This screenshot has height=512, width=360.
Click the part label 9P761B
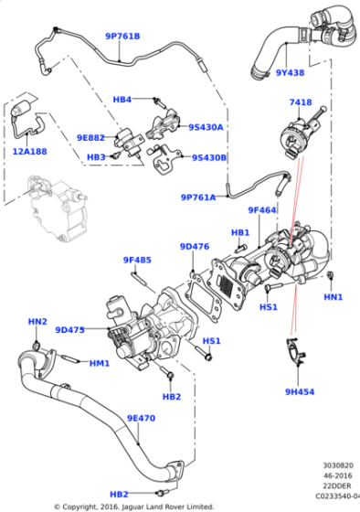122,36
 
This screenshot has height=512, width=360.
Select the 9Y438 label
264,72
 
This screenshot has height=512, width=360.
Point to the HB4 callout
122,99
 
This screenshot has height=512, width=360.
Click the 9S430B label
208,157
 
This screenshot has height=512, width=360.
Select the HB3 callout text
96,157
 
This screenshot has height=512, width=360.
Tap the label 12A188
30,151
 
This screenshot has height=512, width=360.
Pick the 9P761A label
198,197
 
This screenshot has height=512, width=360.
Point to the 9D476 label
195,246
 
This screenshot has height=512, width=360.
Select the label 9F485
137,261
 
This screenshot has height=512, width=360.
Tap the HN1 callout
334,297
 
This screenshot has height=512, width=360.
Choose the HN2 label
37,322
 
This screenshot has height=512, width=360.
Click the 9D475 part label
69,330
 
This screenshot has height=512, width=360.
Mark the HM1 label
100,363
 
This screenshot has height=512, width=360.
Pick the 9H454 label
298,391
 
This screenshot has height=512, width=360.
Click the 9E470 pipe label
143,418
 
